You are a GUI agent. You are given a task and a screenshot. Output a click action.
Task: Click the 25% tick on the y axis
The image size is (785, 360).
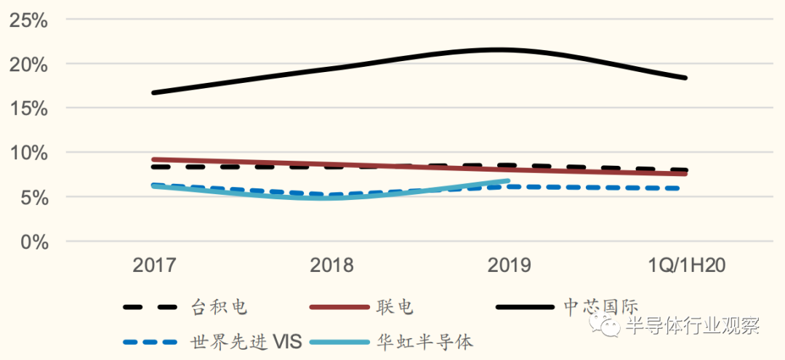point(28,20)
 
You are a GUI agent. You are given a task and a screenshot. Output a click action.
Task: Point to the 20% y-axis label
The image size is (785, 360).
point(28,65)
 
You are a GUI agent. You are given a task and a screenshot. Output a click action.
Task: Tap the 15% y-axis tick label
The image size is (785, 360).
point(28,109)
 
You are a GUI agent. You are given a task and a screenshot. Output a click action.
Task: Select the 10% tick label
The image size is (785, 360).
point(28,153)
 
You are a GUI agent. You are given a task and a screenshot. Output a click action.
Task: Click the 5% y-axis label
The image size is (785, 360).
point(33,198)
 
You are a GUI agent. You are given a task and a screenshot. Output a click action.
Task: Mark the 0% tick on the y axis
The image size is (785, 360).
point(33,242)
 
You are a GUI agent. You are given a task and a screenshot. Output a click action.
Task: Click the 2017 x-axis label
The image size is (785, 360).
point(154,265)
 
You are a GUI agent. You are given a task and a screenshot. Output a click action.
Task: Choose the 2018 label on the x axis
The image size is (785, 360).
point(331,265)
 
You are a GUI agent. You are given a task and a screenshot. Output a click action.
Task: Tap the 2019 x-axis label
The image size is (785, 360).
point(509,265)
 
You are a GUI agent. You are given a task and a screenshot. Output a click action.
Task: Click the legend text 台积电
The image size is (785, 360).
point(220,307)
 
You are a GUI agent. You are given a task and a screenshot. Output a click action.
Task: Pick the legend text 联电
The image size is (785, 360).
point(395,307)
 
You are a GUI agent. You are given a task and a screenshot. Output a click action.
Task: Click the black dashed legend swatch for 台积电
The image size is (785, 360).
point(151,307)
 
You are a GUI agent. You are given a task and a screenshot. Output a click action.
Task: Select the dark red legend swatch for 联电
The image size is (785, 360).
point(339,307)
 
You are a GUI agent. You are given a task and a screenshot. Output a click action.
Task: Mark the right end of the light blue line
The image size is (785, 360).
point(507,180)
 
